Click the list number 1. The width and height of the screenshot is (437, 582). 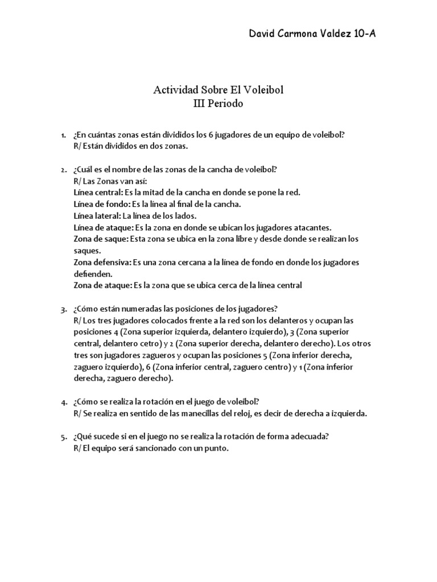(x=63, y=135)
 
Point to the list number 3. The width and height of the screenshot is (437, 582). (x=63, y=309)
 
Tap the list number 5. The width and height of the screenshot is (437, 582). (x=63, y=436)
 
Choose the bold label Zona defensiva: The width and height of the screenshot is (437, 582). (x=102, y=263)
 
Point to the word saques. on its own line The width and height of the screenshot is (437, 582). (x=88, y=251)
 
